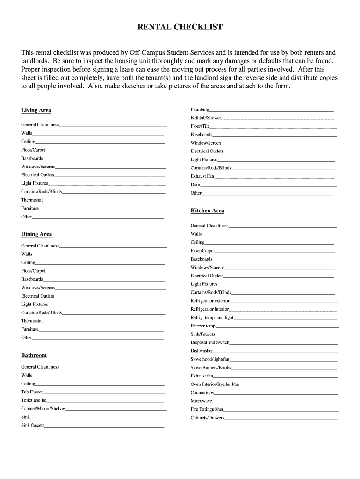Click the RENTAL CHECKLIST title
(x=180, y=27)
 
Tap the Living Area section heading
(x=36, y=110)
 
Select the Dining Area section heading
(x=36, y=234)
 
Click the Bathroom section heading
(x=34, y=355)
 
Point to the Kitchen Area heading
(x=207, y=210)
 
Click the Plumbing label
(x=200, y=109)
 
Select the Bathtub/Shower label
(x=206, y=118)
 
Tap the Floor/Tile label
(x=200, y=126)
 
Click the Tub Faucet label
(x=32, y=392)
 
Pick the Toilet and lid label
(x=34, y=400)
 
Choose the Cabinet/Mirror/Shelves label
(x=43, y=408)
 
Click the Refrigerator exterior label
(x=210, y=301)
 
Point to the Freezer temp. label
(x=203, y=326)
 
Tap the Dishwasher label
(x=202, y=351)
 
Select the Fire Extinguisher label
(x=207, y=409)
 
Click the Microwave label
(x=201, y=401)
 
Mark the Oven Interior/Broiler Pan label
(x=215, y=384)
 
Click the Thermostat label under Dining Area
(x=32, y=321)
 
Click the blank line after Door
(x=268, y=185)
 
